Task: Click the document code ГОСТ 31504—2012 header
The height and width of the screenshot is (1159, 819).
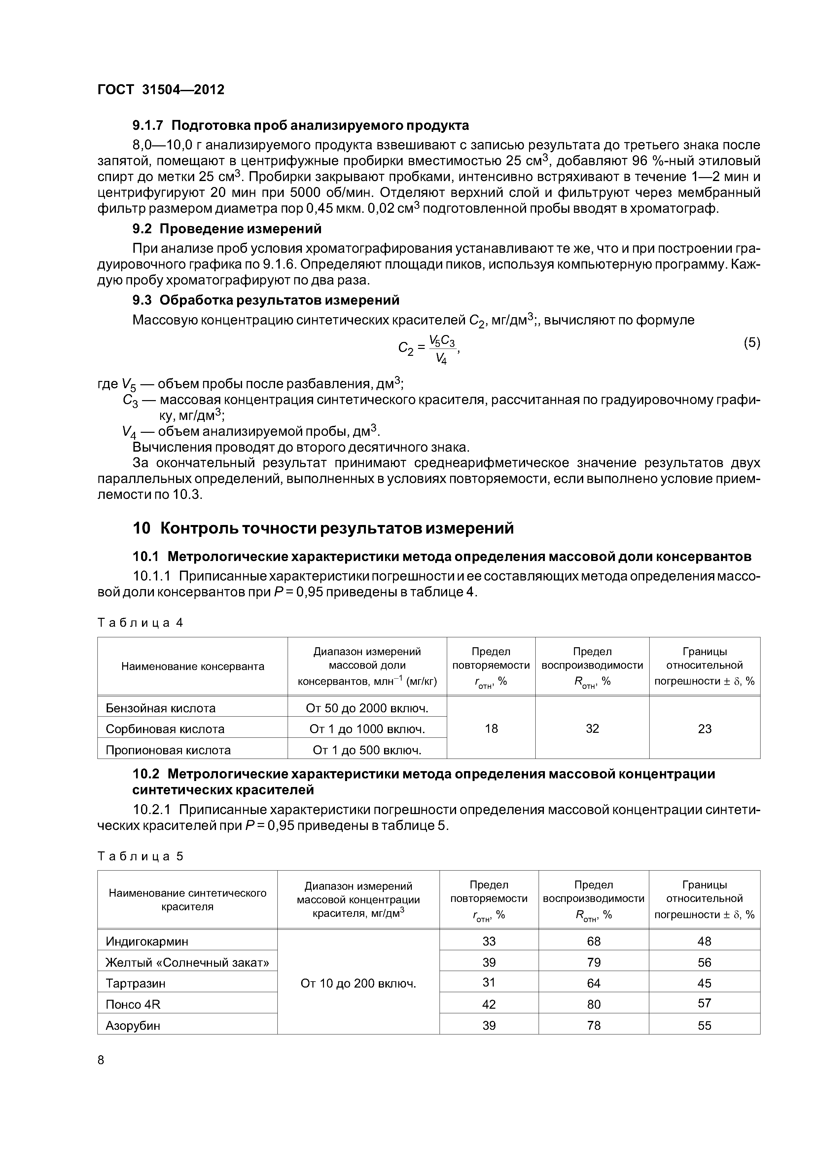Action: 160,90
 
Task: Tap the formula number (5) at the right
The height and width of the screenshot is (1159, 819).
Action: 751,343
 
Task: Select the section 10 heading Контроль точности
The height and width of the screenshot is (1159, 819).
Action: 323,528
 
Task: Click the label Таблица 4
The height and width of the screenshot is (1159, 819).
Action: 140,622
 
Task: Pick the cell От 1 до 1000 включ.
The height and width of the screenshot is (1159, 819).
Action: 367,729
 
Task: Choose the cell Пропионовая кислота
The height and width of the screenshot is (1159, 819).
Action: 168,750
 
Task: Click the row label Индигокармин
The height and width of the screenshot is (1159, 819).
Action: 147,941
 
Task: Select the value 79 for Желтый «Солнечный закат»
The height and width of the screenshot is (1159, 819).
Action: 594,962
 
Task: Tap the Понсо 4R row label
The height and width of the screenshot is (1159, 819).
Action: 133,1004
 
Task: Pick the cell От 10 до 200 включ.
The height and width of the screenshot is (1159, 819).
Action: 358,983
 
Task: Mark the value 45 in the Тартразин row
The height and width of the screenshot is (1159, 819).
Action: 704,983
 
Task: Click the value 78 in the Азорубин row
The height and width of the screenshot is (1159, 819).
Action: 594,1025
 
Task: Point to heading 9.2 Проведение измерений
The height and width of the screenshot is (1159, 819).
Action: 227,229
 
